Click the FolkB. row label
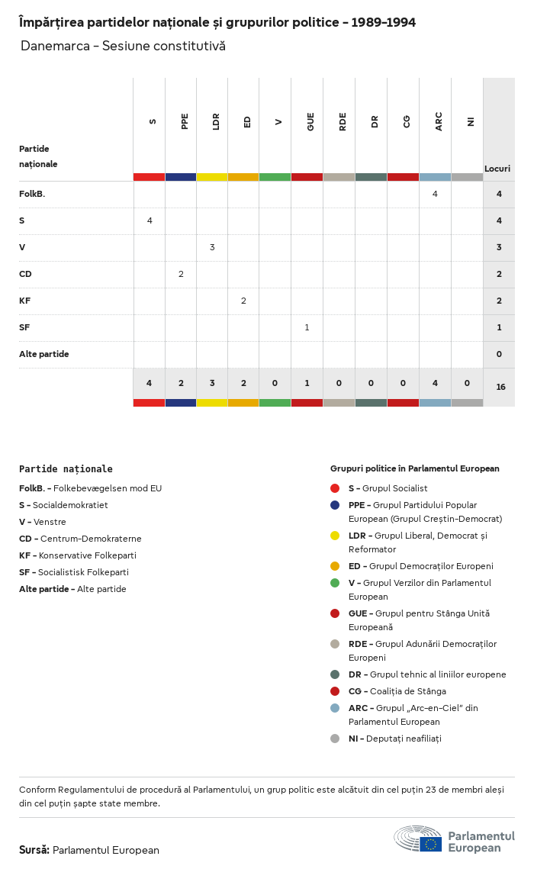[32, 194]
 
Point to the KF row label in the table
[25, 301]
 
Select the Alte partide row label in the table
[43, 354]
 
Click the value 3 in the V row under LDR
[212, 247]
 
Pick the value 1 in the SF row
[307, 327]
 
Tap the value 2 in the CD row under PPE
[181, 274]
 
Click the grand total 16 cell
[500, 387]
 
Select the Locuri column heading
[497, 169]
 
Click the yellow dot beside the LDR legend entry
[335, 536]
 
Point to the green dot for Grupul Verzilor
[335, 583]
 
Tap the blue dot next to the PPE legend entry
[335, 505]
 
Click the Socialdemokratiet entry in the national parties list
[63, 505]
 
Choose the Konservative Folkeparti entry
[78, 555]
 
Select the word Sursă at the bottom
[34, 850]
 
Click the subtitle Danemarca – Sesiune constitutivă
[123, 47]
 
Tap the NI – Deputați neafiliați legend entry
[394, 739]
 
